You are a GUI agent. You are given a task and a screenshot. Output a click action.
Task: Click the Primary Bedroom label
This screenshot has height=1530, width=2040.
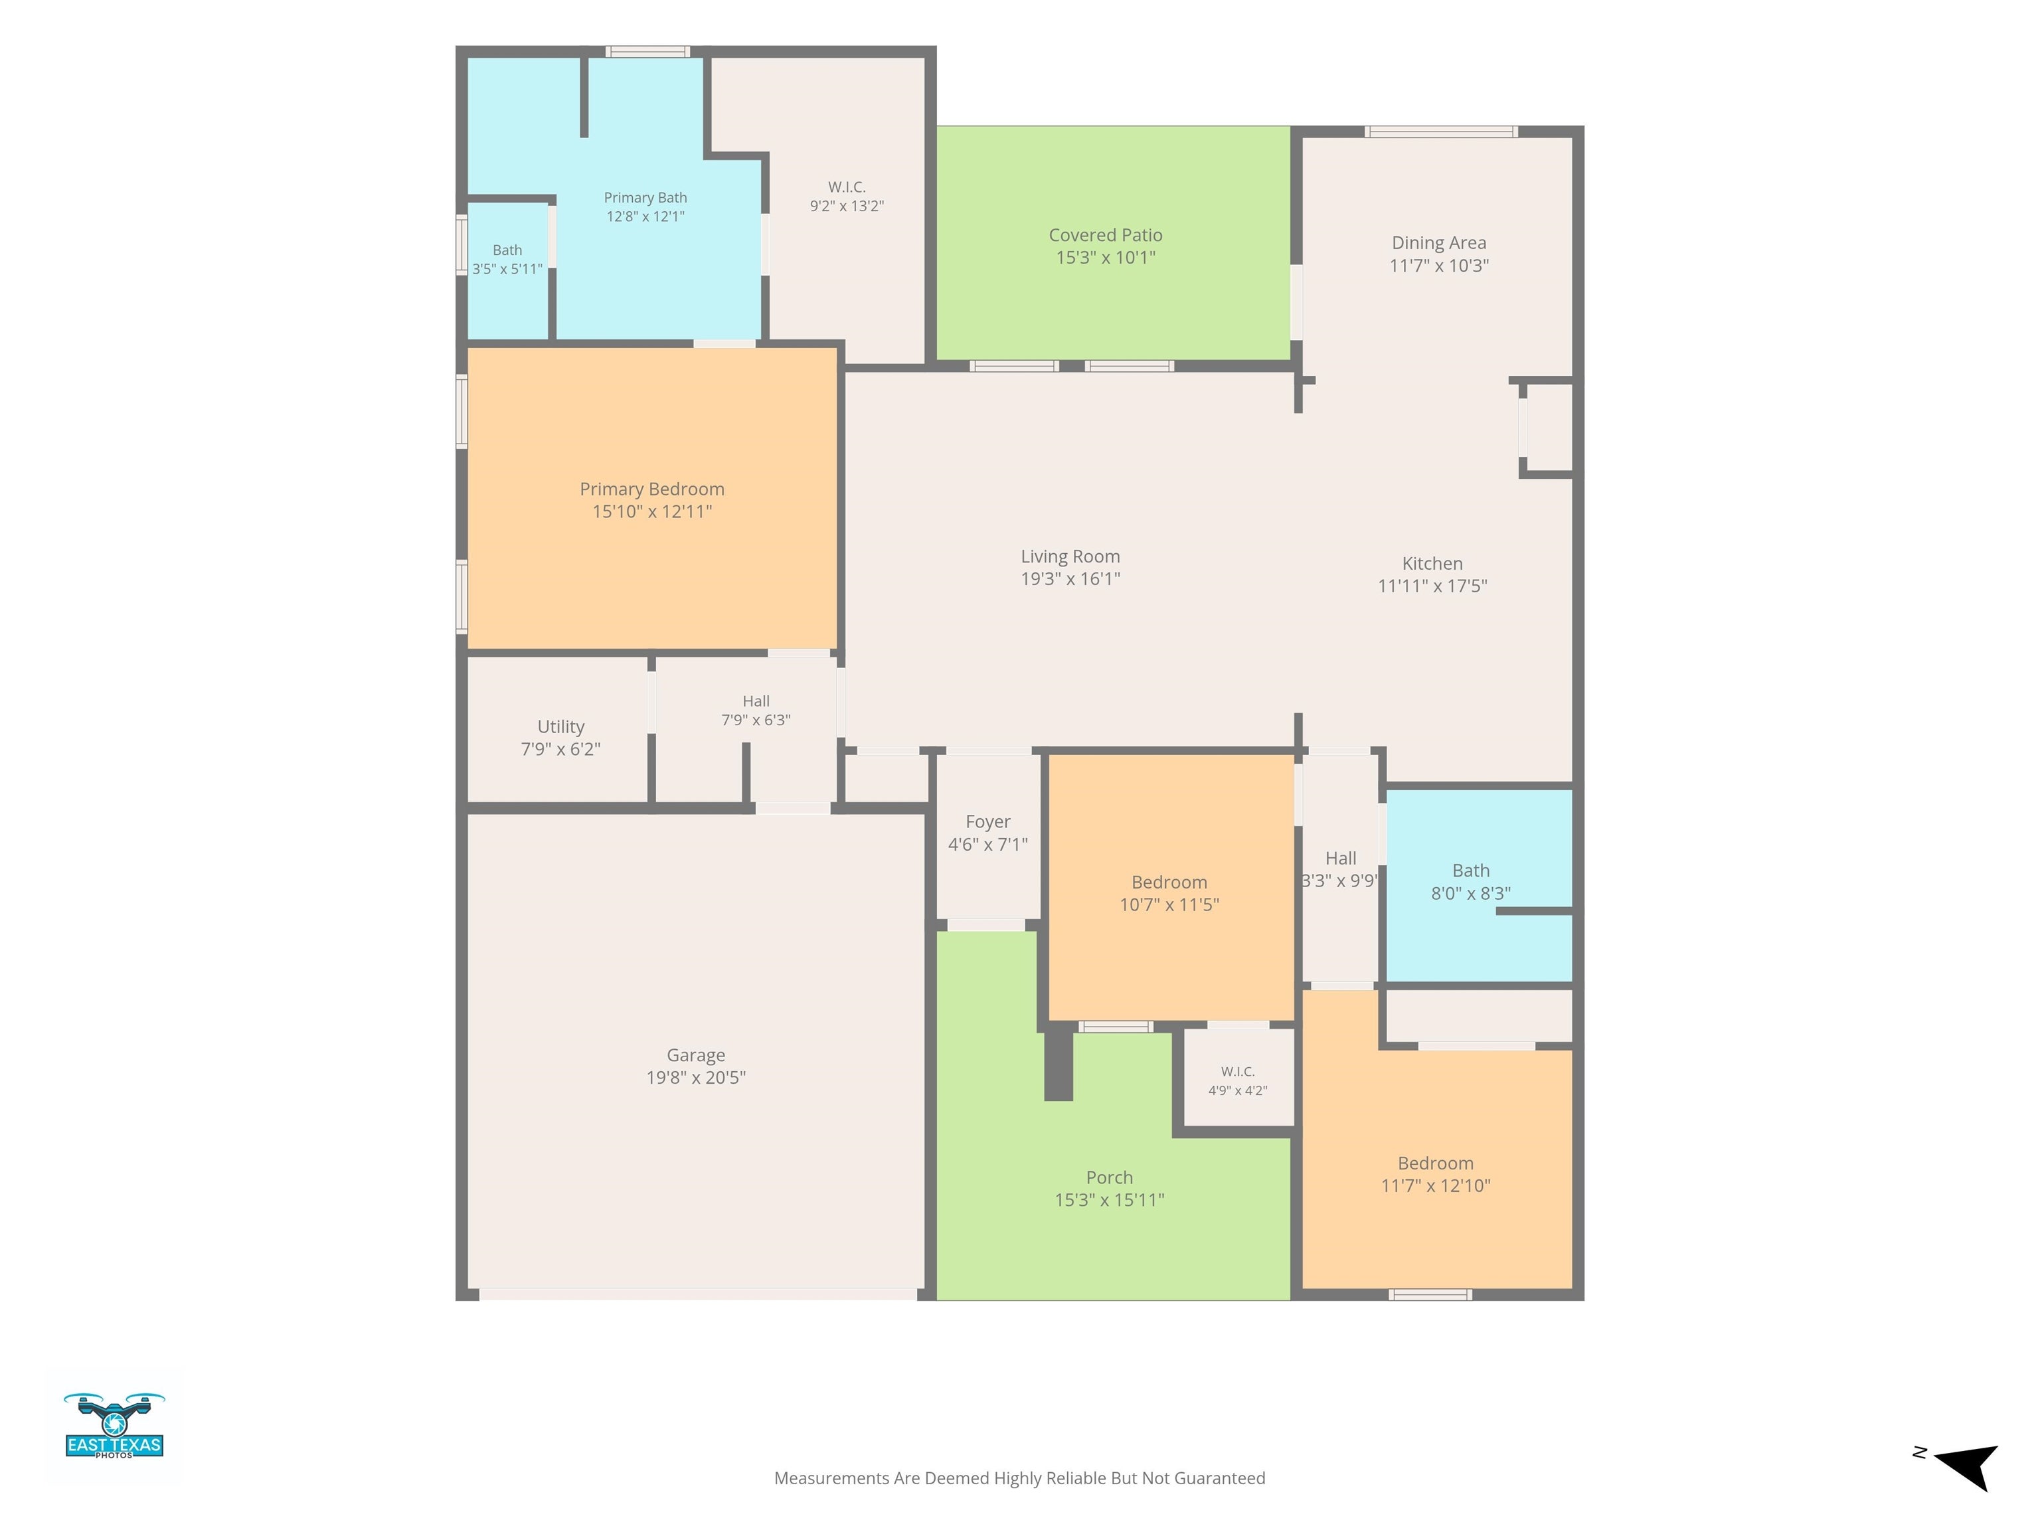(x=652, y=489)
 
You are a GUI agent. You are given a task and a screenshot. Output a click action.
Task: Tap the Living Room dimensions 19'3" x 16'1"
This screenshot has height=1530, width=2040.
(x=1070, y=579)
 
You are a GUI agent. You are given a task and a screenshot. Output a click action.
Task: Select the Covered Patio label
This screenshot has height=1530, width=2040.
(x=1105, y=235)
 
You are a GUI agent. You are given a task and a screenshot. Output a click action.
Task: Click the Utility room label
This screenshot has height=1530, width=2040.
(x=560, y=726)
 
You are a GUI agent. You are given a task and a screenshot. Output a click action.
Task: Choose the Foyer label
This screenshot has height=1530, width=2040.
(x=987, y=821)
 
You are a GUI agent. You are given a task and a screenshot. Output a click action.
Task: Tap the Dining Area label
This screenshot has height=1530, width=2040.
(x=1439, y=242)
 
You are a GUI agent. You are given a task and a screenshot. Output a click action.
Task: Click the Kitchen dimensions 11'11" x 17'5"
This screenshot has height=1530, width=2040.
(x=1432, y=586)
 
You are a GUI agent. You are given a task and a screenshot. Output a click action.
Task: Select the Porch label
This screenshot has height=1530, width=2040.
(x=1110, y=1177)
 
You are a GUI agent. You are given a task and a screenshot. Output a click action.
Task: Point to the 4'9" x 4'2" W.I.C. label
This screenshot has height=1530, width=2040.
(x=1238, y=1081)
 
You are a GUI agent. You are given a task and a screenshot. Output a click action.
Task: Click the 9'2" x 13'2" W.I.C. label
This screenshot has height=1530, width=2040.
(x=847, y=197)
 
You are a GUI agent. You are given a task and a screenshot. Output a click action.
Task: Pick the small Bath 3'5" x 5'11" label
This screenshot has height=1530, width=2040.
(x=507, y=259)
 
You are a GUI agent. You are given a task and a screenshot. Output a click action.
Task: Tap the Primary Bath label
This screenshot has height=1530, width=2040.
(x=645, y=197)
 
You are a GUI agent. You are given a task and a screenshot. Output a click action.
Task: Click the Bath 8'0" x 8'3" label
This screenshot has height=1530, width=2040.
(x=1471, y=882)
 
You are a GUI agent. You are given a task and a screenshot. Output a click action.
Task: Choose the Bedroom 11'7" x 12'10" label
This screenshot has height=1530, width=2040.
(x=1435, y=1174)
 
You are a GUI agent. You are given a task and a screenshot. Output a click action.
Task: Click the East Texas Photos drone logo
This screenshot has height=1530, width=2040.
(x=114, y=1426)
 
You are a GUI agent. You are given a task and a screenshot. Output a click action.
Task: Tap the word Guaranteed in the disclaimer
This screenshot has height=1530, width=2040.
(x=1220, y=1478)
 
